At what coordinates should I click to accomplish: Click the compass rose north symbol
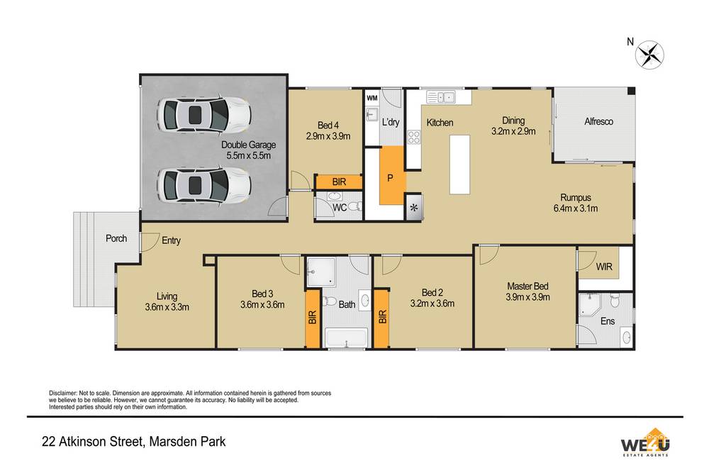tap(649, 55)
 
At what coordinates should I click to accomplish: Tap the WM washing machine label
tap(372, 97)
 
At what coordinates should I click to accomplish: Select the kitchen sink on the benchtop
tap(442, 97)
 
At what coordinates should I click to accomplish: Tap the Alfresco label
tap(598, 122)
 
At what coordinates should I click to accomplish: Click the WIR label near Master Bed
tap(605, 267)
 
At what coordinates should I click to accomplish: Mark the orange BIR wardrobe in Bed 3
tap(312, 318)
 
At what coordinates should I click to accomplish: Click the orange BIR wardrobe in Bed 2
tap(381, 318)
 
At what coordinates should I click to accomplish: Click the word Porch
tap(116, 238)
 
